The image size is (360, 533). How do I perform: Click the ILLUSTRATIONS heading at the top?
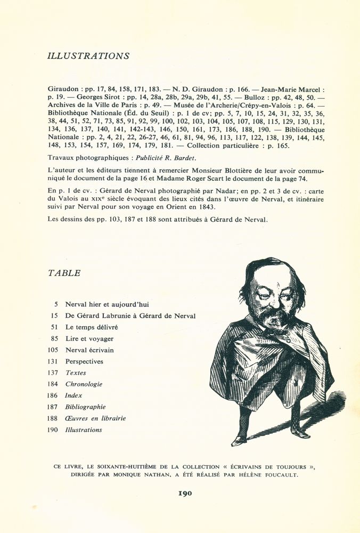88,56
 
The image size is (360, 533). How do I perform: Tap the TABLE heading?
64,273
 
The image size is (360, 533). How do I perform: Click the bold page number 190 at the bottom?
185,493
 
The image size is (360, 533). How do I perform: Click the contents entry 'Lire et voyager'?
89,338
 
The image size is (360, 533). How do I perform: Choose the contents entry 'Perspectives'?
84,361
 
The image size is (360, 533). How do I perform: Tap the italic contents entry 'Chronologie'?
84,384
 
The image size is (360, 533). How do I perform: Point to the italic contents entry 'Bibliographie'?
85,407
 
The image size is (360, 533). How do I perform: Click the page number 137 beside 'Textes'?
53,373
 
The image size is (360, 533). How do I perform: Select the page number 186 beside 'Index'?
53,395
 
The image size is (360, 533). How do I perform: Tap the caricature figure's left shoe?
239,440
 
